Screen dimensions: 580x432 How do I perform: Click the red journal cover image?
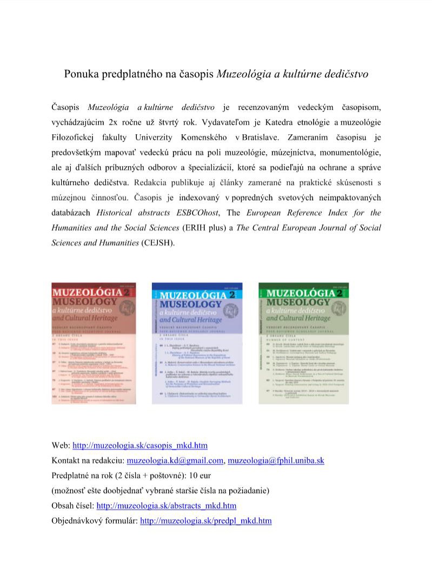[x=94, y=342]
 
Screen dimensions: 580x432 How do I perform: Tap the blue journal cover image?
[x=197, y=342]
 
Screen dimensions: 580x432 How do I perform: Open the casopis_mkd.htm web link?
[x=140, y=445]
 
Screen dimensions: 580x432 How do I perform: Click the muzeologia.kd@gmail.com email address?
[x=175, y=460]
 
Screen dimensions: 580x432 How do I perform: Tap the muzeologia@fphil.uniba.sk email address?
[x=276, y=460]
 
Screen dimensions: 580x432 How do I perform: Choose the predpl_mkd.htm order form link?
[x=205, y=521]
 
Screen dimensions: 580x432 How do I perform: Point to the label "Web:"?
[x=61, y=445]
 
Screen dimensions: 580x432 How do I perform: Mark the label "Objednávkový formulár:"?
[x=94, y=521]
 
